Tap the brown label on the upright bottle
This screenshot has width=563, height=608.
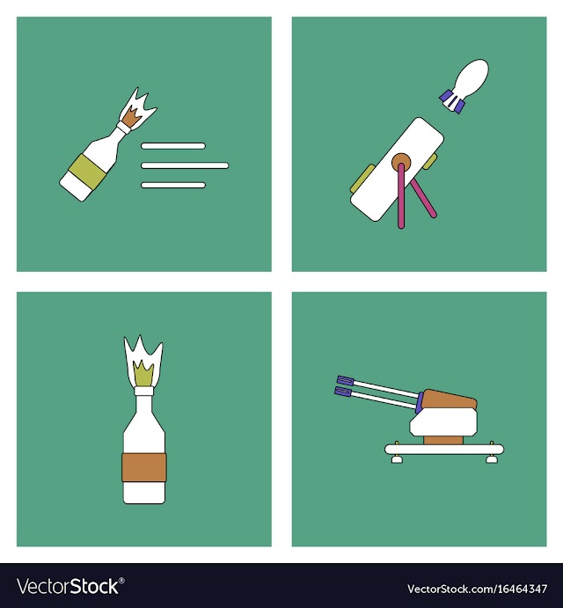pos(144,467)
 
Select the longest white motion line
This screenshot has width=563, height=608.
pos(185,165)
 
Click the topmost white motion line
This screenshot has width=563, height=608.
pos(173,146)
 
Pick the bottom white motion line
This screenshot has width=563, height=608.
pos(173,186)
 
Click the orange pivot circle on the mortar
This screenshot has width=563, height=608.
pos(401,163)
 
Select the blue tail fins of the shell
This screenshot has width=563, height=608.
pos(451,101)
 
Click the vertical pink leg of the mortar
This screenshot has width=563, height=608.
pos(401,196)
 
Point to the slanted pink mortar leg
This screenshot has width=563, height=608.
pos(423,198)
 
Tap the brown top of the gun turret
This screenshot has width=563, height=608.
pos(449,399)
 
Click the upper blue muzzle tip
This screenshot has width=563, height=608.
pos(345,380)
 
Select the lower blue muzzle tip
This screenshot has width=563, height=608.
pos(343,392)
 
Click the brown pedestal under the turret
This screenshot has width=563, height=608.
pos(443,440)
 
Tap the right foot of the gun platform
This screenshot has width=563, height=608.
pos(492,459)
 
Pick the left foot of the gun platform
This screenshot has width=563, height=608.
pos(397,459)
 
